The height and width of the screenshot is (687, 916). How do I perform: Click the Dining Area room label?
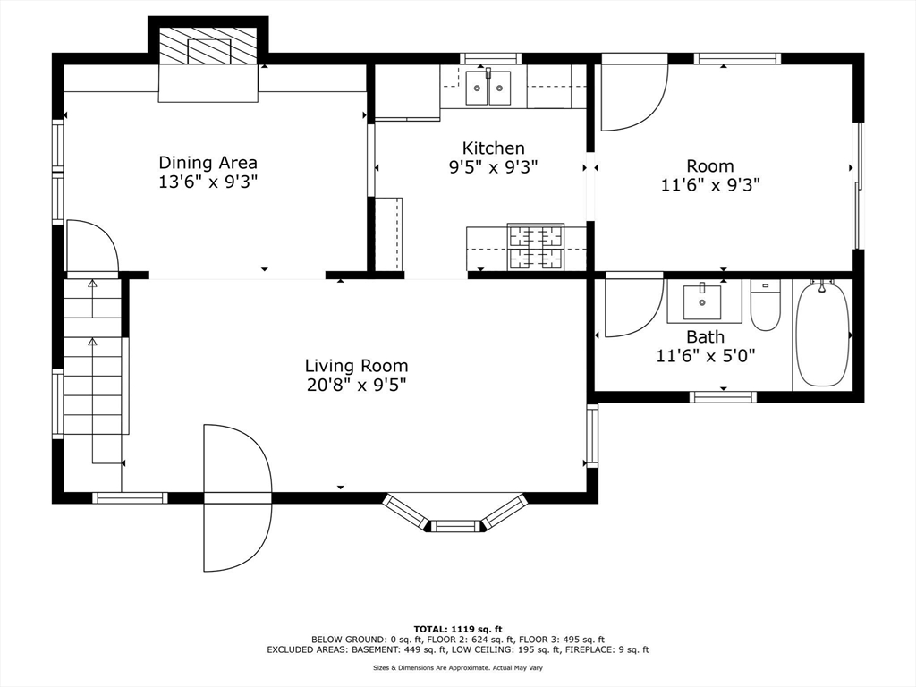208,163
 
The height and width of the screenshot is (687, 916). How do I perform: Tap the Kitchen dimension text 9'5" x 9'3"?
493,167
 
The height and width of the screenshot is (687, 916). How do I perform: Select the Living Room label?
356,366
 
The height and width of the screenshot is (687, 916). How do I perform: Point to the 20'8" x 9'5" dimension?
356,386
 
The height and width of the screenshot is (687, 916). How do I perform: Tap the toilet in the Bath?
766,305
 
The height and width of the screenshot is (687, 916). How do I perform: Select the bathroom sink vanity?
704,301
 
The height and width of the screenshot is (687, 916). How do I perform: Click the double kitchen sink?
488,88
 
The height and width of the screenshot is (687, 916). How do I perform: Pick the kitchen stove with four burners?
536,247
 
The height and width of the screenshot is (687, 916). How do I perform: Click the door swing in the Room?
634,93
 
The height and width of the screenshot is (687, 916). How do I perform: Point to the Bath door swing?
634,306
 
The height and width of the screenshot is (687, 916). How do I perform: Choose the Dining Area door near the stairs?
93,247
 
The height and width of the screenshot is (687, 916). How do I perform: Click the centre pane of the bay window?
455,526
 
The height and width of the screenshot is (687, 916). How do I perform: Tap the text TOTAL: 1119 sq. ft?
458,629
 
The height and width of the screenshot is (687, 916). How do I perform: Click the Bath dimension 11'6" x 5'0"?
706,356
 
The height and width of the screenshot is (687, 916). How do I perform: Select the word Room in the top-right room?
709,165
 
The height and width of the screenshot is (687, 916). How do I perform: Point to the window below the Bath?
723,397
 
